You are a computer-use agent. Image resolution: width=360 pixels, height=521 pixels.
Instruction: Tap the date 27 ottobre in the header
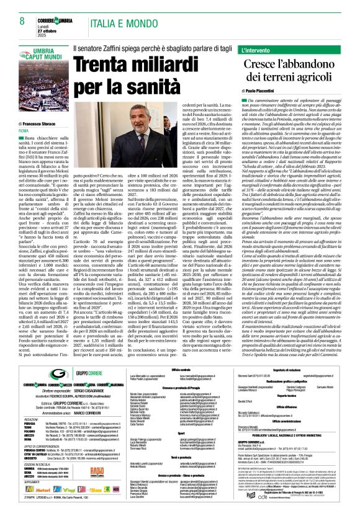point(50,28)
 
